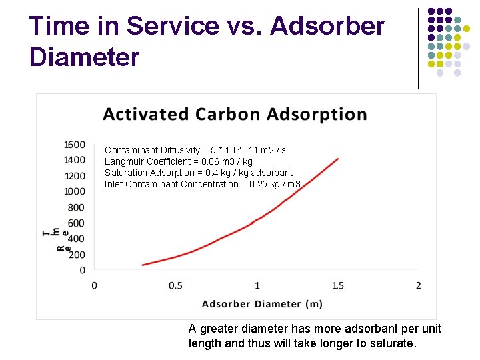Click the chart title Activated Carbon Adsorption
[x=235, y=114]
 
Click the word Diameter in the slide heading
[x=84, y=57]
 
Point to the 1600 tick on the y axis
[x=75, y=145]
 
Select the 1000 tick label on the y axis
[x=75, y=191]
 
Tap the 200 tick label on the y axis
[x=77, y=254]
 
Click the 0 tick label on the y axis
[x=83, y=270]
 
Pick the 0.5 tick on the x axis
[x=175, y=285]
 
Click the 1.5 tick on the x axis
[x=337, y=285]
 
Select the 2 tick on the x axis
[x=418, y=285]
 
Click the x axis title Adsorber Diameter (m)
[x=262, y=304]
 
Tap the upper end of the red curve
[x=338, y=159]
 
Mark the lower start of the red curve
[x=143, y=265]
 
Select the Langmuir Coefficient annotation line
[x=178, y=161]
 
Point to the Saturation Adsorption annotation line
[x=198, y=173]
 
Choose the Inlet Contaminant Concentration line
[x=202, y=184]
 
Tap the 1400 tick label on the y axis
[x=75, y=160]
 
